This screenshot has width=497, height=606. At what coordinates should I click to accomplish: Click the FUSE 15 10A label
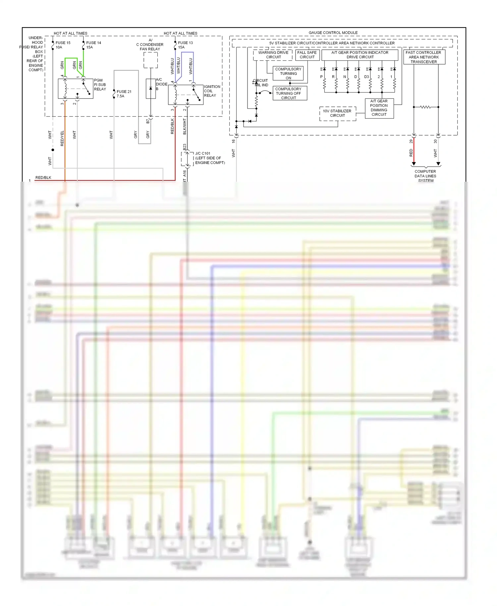[x=63, y=45]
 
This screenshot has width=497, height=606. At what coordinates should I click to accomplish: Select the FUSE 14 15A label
[x=93, y=45]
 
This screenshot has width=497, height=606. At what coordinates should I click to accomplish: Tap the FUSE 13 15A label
[x=185, y=45]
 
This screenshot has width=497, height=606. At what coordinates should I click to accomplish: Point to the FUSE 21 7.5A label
[x=124, y=94]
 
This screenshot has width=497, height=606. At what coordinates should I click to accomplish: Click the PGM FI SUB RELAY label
[x=100, y=85]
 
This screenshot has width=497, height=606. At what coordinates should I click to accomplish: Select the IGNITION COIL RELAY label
[x=212, y=91]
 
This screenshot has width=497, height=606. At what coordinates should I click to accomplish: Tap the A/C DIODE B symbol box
[x=151, y=89]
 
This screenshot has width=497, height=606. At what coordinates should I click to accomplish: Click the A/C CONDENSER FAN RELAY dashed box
[x=150, y=60]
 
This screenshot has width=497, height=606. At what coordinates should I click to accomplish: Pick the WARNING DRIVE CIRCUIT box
[x=273, y=55]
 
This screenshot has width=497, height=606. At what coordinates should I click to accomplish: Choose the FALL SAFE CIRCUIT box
[x=307, y=55]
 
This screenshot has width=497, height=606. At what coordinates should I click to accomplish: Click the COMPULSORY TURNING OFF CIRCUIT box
[x=288, y=93]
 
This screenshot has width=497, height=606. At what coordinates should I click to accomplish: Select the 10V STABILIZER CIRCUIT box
[x=337, y=113]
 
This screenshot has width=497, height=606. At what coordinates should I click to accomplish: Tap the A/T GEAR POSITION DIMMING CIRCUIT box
[x=379, y=108]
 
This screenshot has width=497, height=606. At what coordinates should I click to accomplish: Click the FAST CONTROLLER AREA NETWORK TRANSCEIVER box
[x=424, y=57]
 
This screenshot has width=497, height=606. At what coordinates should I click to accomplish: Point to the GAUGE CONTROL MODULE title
[x=333, y=32]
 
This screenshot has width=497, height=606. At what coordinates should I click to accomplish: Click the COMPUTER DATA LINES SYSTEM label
[x=425, y=176]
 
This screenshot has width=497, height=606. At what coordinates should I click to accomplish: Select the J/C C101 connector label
[x=209, y=158]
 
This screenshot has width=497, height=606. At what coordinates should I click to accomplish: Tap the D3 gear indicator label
[x=366, y=77]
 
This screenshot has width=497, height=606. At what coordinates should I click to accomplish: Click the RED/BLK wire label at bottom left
[x=43, y=178]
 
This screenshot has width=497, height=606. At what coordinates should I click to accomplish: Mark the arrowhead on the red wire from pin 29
[x=414, y=164]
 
